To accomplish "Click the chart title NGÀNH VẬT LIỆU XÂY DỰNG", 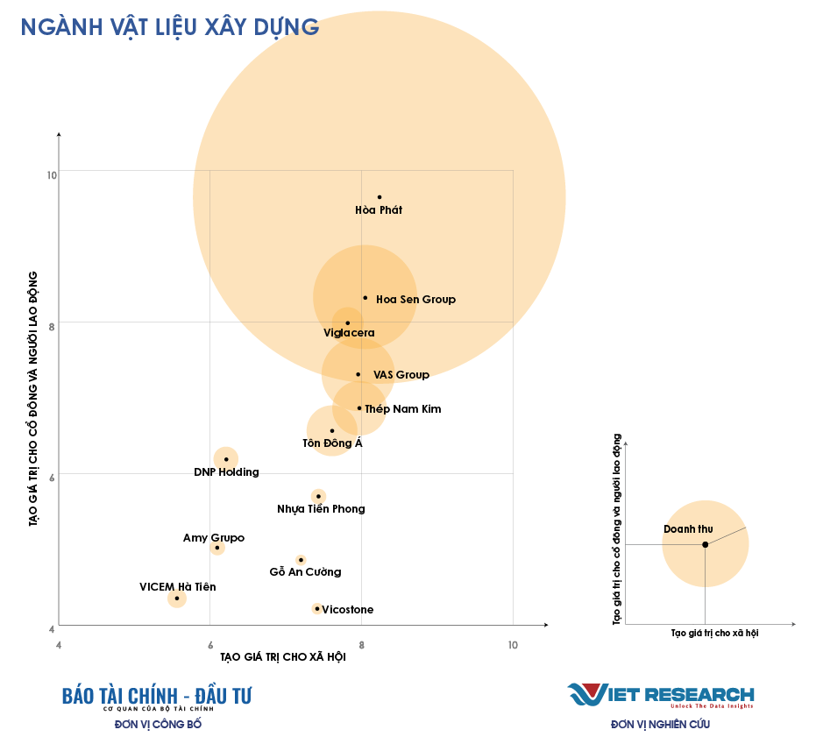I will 169,27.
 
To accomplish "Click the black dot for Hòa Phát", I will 380,197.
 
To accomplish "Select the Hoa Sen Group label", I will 415,300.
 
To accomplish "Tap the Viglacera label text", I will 349,333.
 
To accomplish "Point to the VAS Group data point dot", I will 358,374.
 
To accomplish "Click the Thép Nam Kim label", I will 403,409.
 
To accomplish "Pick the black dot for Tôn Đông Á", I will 332,430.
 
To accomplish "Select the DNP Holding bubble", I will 226,458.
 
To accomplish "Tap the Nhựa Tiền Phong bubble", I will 318,496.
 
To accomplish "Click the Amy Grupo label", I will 214,538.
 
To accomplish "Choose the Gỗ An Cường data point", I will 301,559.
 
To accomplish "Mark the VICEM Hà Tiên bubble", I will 177,599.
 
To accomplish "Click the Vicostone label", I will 348,610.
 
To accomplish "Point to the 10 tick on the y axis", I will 52,175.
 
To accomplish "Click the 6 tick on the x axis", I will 209,645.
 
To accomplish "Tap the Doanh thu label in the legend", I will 688,529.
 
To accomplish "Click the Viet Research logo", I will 660,695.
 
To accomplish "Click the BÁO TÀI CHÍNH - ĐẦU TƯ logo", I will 157,697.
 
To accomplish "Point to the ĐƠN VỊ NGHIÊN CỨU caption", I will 660,725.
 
